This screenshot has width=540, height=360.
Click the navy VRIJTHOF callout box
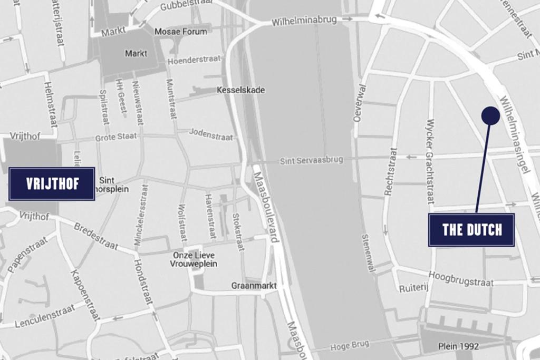(52, 183)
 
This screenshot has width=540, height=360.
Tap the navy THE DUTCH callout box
(471, 230)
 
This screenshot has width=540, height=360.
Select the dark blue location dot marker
(490, 116)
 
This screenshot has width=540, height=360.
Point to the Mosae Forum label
(181, 32)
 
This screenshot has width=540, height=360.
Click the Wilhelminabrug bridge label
(304, 22)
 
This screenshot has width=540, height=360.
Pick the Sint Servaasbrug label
(311, 160)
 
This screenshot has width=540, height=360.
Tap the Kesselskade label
(241, 90)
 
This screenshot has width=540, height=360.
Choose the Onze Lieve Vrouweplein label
(195, 259)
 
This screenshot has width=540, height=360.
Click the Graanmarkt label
(254, 286)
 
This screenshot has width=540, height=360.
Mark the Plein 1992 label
(458, 346)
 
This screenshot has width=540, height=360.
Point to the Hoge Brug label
(350, 346)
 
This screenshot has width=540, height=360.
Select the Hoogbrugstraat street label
(461, 279)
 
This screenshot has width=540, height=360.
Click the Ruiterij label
(413, 288)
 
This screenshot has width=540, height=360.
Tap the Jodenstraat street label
(211, 134)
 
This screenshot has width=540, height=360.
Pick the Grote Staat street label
(115, 137)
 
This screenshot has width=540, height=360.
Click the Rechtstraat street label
(390, 172)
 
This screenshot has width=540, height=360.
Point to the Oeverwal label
(360, 103)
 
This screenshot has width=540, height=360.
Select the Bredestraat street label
(96, 236)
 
